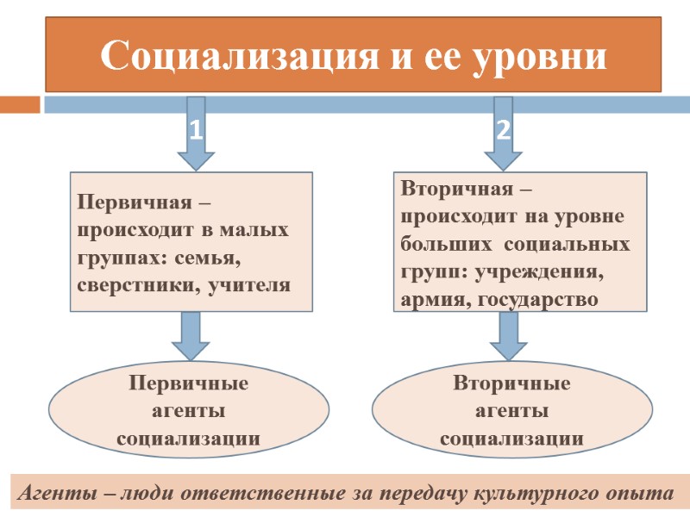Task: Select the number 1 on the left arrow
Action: (x=196, y=130)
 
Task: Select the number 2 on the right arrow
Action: (x=504, y=130)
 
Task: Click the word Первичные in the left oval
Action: (x=188, y=383)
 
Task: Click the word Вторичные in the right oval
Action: (x=511, y=383)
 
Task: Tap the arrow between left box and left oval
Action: (x=191, y=335)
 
